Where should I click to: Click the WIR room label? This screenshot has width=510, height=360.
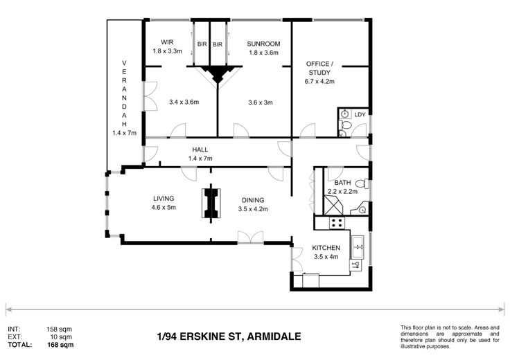[167, 42]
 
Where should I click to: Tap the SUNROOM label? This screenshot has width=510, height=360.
[263, 44]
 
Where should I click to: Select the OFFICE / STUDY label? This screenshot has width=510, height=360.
[319, 68]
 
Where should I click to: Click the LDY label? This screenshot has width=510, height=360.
[360, 114]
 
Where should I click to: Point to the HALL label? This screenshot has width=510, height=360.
[200, 150]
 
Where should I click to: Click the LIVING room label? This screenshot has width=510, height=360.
[164, 198]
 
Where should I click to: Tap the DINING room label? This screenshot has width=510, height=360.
[253, 200]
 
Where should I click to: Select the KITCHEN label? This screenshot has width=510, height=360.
[326, 248]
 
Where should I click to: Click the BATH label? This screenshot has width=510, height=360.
[342, 183]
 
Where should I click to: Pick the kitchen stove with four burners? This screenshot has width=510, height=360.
[337, 222]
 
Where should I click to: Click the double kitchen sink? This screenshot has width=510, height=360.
[358, 247]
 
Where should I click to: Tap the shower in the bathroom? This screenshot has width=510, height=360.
[333, 205]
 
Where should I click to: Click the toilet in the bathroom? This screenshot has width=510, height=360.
[362, 183]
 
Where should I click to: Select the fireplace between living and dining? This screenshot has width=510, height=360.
[211, 203]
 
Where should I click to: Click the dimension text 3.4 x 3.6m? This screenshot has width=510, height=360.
[184, 102]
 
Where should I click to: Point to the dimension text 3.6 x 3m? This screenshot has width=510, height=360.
[261, 102]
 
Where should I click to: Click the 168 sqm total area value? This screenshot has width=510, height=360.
[60, 345]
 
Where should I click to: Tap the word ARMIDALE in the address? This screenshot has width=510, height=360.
[274, 336]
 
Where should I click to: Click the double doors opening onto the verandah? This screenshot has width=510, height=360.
[150, 96]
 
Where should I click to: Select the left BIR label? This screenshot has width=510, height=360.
[202, 44]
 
